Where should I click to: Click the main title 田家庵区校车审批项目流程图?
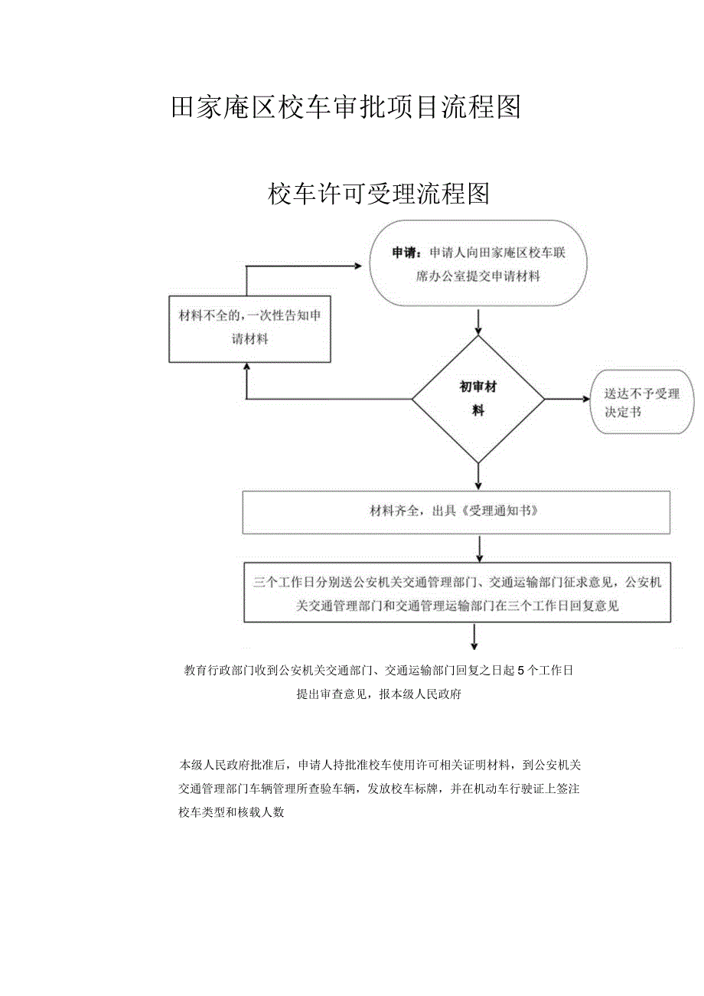[346, 108]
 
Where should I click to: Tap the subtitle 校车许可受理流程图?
[379, 194]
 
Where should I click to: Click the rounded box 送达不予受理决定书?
[642, 402]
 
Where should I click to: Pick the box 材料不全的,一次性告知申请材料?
[249, 329]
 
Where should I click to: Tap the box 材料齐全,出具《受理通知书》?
[456, 512]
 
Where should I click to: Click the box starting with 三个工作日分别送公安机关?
[458, 593]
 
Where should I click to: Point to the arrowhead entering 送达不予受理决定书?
[586, 399]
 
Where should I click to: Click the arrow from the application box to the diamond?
[478, 322]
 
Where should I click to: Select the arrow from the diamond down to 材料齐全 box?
[478, 476]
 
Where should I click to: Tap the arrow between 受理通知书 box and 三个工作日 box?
[480, 549]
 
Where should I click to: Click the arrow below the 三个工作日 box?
[474, 637]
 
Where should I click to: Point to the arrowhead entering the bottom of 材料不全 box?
[246, 367]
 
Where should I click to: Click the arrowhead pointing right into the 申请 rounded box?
[358, 266]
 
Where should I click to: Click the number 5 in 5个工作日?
[521, 671]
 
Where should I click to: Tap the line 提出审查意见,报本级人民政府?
[379, 694]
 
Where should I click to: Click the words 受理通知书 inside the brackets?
[500, 511]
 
